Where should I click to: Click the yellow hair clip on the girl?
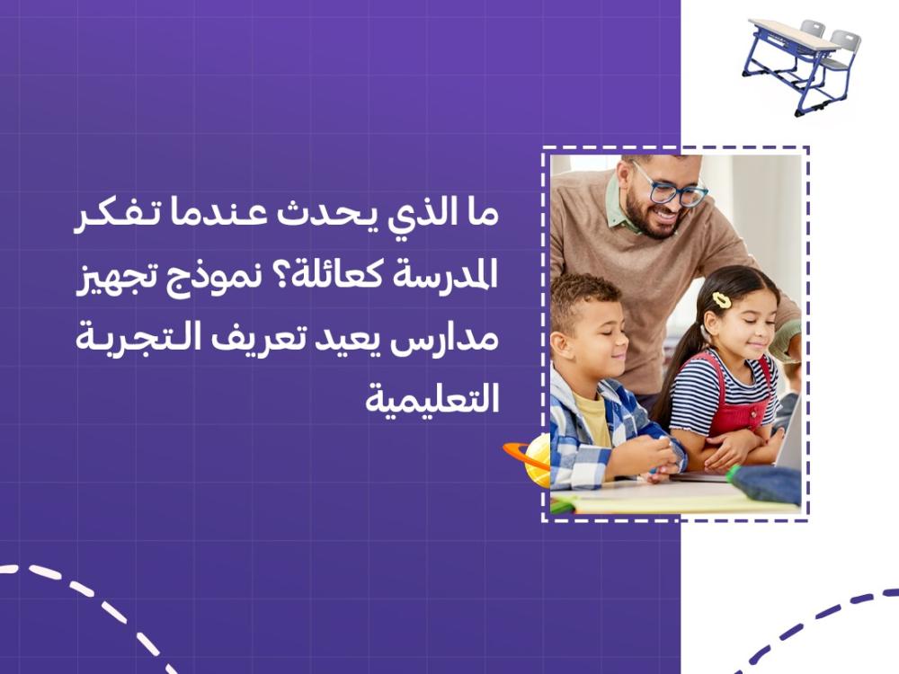(x=722, y=300)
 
